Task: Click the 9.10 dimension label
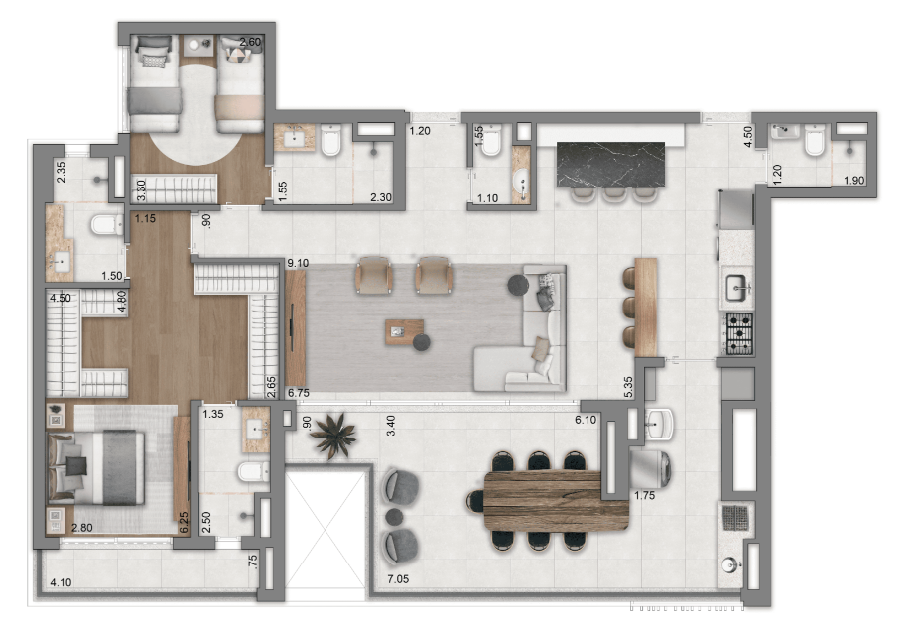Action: (298, 263)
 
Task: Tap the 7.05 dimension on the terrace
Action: (398, 579)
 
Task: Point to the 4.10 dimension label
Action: (61, 582)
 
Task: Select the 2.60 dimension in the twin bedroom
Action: (251, 42)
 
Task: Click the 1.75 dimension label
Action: (645, 495)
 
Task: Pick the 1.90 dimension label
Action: (854, 181)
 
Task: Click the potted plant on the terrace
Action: (332, 435)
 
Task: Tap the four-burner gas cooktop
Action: (739, 334)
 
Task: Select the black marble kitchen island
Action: (611, 165)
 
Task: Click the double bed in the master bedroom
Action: (96, 468)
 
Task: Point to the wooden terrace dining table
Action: (556, 501)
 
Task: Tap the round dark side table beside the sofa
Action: (518, 285)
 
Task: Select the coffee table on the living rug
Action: (404, 332)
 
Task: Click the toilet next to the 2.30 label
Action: (330, 141)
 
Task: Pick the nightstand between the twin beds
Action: (199, 46)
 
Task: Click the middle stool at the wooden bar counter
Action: (629, 308)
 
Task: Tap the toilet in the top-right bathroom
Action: (815, 141)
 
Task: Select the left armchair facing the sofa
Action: (374, 275)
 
